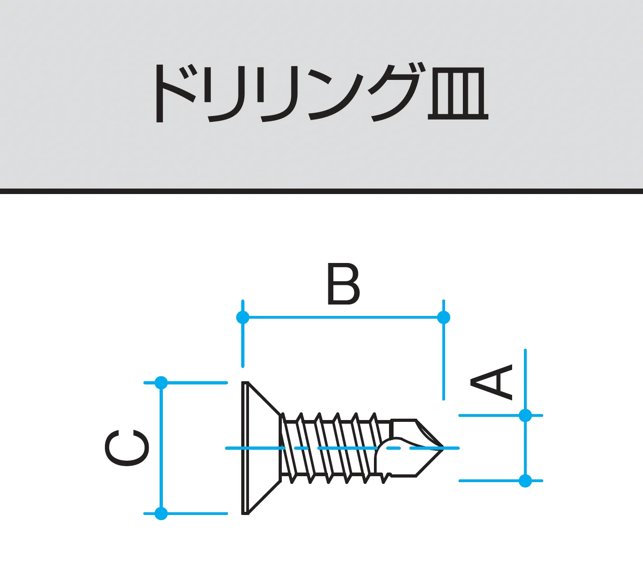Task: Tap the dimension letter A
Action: tap(491, 382)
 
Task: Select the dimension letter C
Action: tap(127, 448)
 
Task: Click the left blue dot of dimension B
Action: tap(243, 317)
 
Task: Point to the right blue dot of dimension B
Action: tap(443, 317)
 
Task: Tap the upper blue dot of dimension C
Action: tap(161, 383)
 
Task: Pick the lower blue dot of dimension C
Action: tap(161, 513)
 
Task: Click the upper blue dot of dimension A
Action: tap(525, 415)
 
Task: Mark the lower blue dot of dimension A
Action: tap(525, 481)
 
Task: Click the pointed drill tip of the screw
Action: tap(442, 448)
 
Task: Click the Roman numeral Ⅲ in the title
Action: tap(458, 93)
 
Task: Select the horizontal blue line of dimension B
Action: tap(343, 317)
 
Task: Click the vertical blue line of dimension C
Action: tap(161, 448)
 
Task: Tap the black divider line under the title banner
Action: tap(321, 191)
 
